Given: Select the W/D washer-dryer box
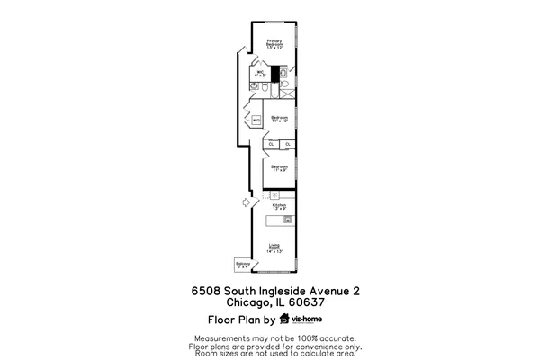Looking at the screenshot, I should click(x=256, y=120).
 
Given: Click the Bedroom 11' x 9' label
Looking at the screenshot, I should click(x=279, y=167).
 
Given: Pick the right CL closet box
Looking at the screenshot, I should click(x=287, y=144).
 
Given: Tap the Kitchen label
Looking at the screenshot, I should click(x=279, y=207).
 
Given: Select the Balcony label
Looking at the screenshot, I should click(x=242, y=265).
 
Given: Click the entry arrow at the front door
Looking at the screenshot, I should click(x=244, y=204).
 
